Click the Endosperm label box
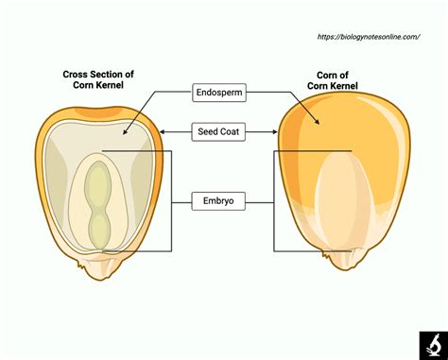pyautogui.click(x=220, y=93)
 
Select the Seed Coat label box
pyautogui.click(x=220, y=131)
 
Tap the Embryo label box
pyautogui.click(x=220, y=200)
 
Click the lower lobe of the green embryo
pyautogui.click(x=98, y=228)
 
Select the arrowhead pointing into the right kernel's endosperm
pyautogui.click(x=316, y=124)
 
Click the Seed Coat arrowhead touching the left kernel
pyautogui.click(x=162, y=131)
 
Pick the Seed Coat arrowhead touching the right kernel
pyautogui.click(x=277, y=131)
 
